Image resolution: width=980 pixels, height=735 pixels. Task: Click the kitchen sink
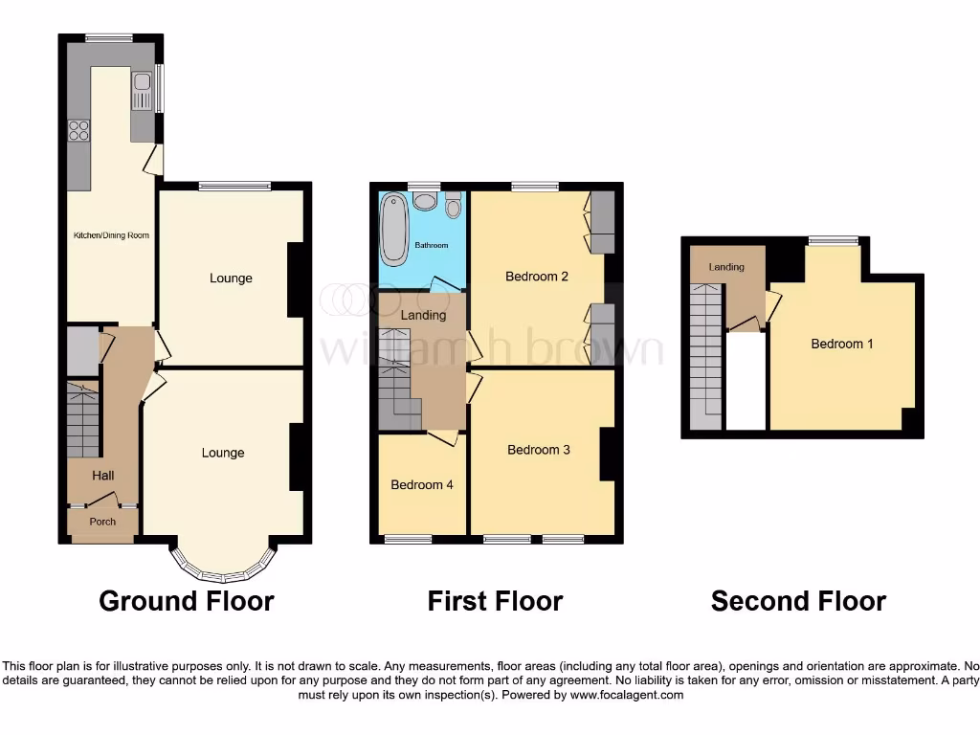pyautogui.click(x=142, y=92)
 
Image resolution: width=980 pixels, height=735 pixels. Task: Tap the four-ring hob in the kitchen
pyautogui.click(x=78, y=130)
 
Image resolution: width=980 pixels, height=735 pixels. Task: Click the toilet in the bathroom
pyautogui.click(x=453, y=204)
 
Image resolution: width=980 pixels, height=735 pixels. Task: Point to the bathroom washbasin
pyautogui.click(x=425, y=201)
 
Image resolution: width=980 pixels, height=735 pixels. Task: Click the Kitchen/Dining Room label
pyautogui.click(x=112, y=235)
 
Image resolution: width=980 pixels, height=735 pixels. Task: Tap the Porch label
pyautogui.click(x=102, y=522)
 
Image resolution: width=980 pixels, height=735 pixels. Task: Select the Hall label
pyautogui.click(x=102, y=476)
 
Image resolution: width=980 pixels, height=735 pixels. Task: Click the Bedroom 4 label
pyautogui.click(x=422, y=485)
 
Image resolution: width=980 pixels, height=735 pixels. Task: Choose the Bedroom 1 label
pyautogui.click(x=842, y=344)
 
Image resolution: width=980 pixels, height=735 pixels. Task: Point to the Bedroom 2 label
pyautogui.click(x=537, y=277)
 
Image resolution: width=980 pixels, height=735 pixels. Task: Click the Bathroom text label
pyautogui.click(x=431, y=246)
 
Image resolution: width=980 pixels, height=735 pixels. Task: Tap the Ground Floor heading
pyautogui.click(x=187, y=601)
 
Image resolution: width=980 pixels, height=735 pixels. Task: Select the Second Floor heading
pyautogui.click(x=798, y=601)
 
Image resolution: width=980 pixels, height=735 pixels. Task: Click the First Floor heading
pyautogui.click(x=495, y=601)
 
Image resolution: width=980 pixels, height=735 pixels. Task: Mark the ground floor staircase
pyautogui.click(x=83, y=419)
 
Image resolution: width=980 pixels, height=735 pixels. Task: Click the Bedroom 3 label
pyautogui.click(x=539, y=450)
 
